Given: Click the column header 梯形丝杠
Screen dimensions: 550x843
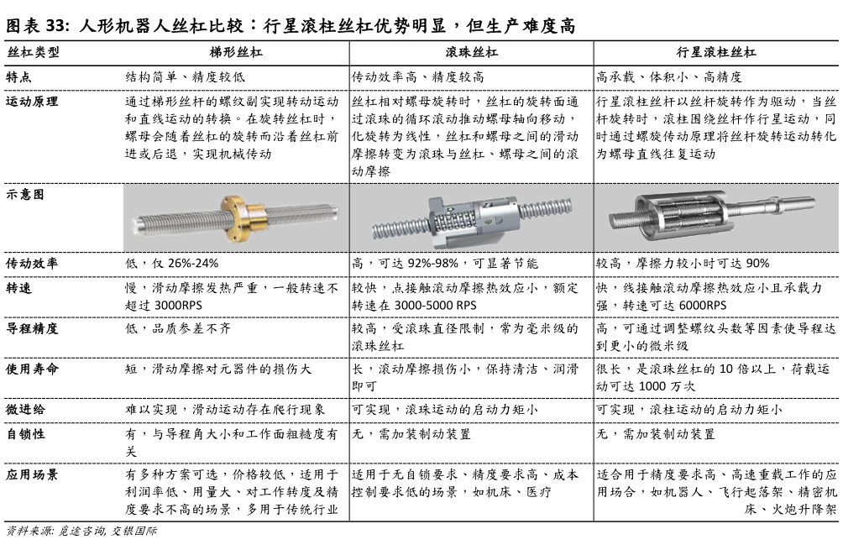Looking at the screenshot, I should tap(235, 52).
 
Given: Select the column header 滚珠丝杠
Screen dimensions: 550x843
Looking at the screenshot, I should tap(471, 52).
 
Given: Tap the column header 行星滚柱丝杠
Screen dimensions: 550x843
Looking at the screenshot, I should tap(719, 52).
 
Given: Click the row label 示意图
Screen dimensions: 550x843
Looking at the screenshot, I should tap(26, 194).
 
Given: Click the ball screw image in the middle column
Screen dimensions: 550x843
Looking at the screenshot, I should tap(471, 217).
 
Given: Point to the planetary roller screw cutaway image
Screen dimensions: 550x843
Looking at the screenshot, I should tap(718, 216).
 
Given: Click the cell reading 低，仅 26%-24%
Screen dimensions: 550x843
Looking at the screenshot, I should tap(171, 263).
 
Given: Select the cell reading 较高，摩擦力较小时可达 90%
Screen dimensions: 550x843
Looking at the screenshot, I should tap(683, 263).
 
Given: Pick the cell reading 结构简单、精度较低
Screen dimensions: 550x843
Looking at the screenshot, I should tap(185, 76).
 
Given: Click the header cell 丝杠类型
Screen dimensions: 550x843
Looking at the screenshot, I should tap(33, 52).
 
